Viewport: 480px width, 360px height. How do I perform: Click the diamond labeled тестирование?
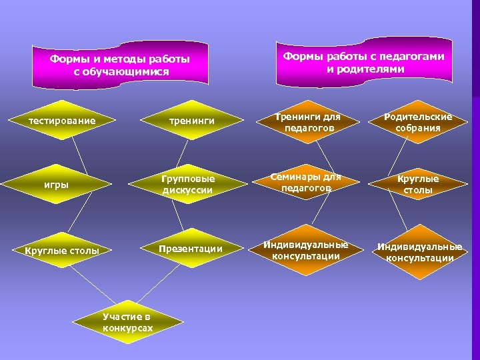click(x=61, y=121)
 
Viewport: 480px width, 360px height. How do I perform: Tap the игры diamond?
click(x=57, y=184)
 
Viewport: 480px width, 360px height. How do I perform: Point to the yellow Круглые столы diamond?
click(x=62, y=251)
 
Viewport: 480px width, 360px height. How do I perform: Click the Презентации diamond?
click(x=190, y=249)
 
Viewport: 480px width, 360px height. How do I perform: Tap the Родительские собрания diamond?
click(x=418, y=122)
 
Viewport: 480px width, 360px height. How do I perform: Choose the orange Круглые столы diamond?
click(x=418, y=185)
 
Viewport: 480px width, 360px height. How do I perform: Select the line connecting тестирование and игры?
click(x=80, y=155)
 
